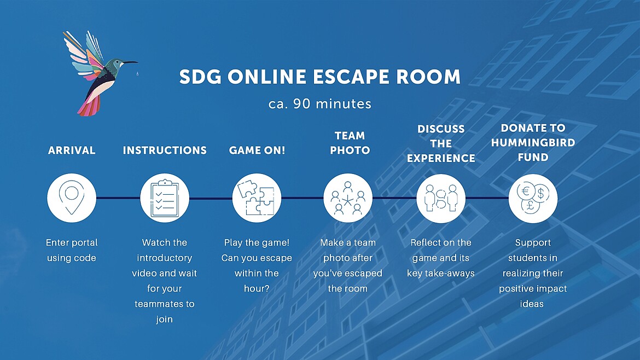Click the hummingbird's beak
tap(130, 63)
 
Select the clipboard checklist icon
tap(165, 199)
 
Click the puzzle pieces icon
tap(257, 198)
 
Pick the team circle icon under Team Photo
tap(348, 199)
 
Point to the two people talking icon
tap(441, 199)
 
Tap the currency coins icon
tap(533, 198)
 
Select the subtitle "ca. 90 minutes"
tap(320, 103)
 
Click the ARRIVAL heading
tap(72, 150)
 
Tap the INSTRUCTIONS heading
tap(165, 150)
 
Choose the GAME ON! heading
tap(257, 150)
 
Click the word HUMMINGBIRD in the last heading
tap(533, 142)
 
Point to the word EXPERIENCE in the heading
tap(441, 158)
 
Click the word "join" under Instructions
tap(164, 319)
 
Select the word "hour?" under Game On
tap(257, 288)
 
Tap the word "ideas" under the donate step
tap(532, 304)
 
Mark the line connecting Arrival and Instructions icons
tap(118, 199)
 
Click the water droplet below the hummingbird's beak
tap(137, 74)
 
